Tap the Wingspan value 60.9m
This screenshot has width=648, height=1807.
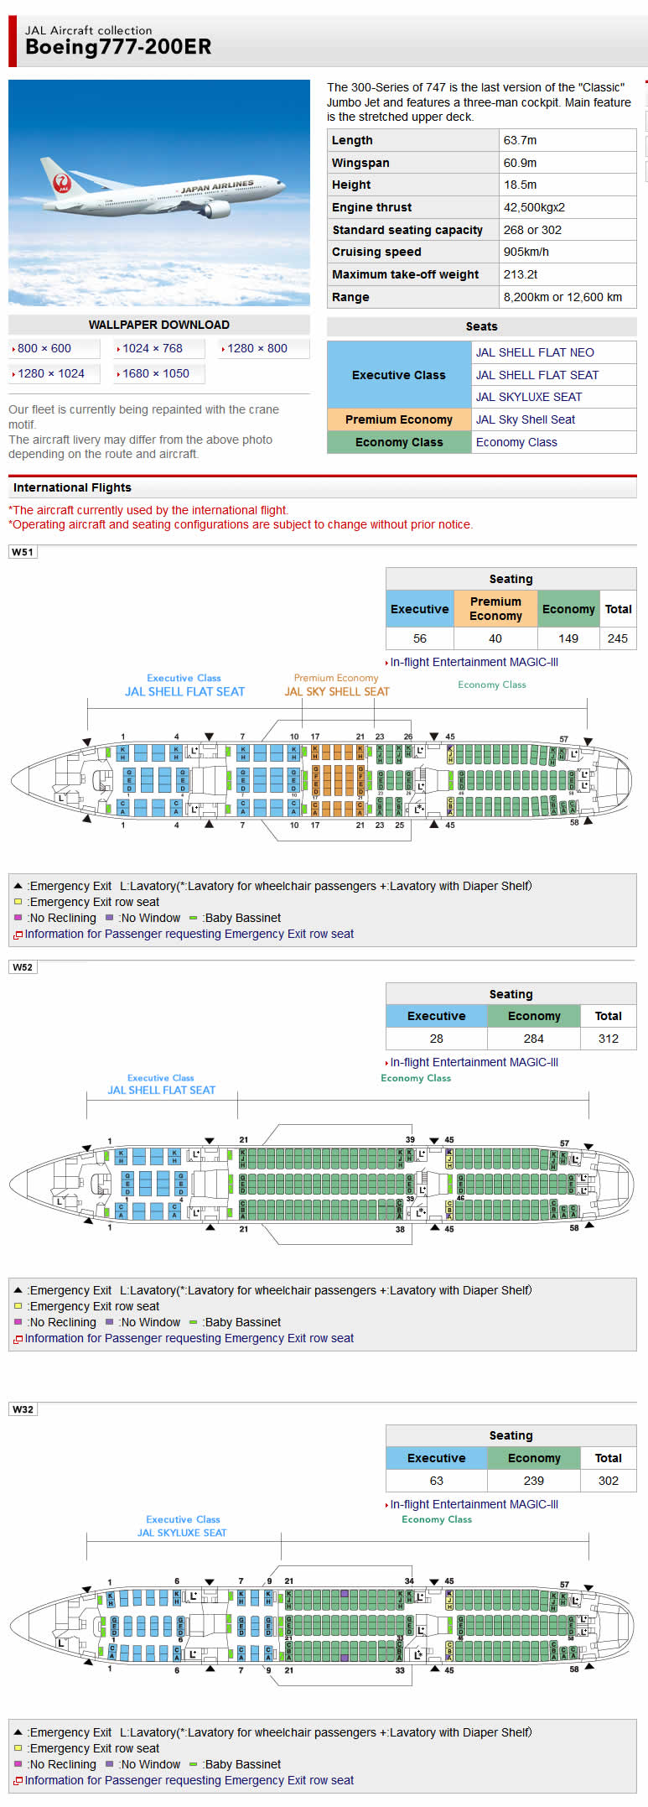(520, 163)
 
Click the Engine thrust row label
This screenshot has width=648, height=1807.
(372, 207)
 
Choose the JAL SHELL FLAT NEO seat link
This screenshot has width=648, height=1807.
(535, 352)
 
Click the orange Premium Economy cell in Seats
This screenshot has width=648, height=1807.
(399, 419)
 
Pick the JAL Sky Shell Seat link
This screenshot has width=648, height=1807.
(526, 419)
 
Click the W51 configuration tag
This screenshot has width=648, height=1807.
(23, 552)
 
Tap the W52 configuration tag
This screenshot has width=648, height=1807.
(23, 967)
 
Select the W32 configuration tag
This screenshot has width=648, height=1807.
(23, 1409)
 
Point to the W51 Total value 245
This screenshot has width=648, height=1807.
(618, 638)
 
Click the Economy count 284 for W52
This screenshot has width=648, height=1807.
(534, 1039)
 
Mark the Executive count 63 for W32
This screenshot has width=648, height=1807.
(437, 1481)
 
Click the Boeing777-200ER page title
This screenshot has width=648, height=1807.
(118, 47)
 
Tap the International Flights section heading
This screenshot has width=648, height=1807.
(72, 487)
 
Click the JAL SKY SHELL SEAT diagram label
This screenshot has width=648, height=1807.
(337, 692)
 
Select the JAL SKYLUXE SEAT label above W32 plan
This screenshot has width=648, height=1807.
(182, 1533)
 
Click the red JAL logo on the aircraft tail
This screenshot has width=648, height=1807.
(63, 183)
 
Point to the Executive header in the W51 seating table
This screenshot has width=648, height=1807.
(420, 609)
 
